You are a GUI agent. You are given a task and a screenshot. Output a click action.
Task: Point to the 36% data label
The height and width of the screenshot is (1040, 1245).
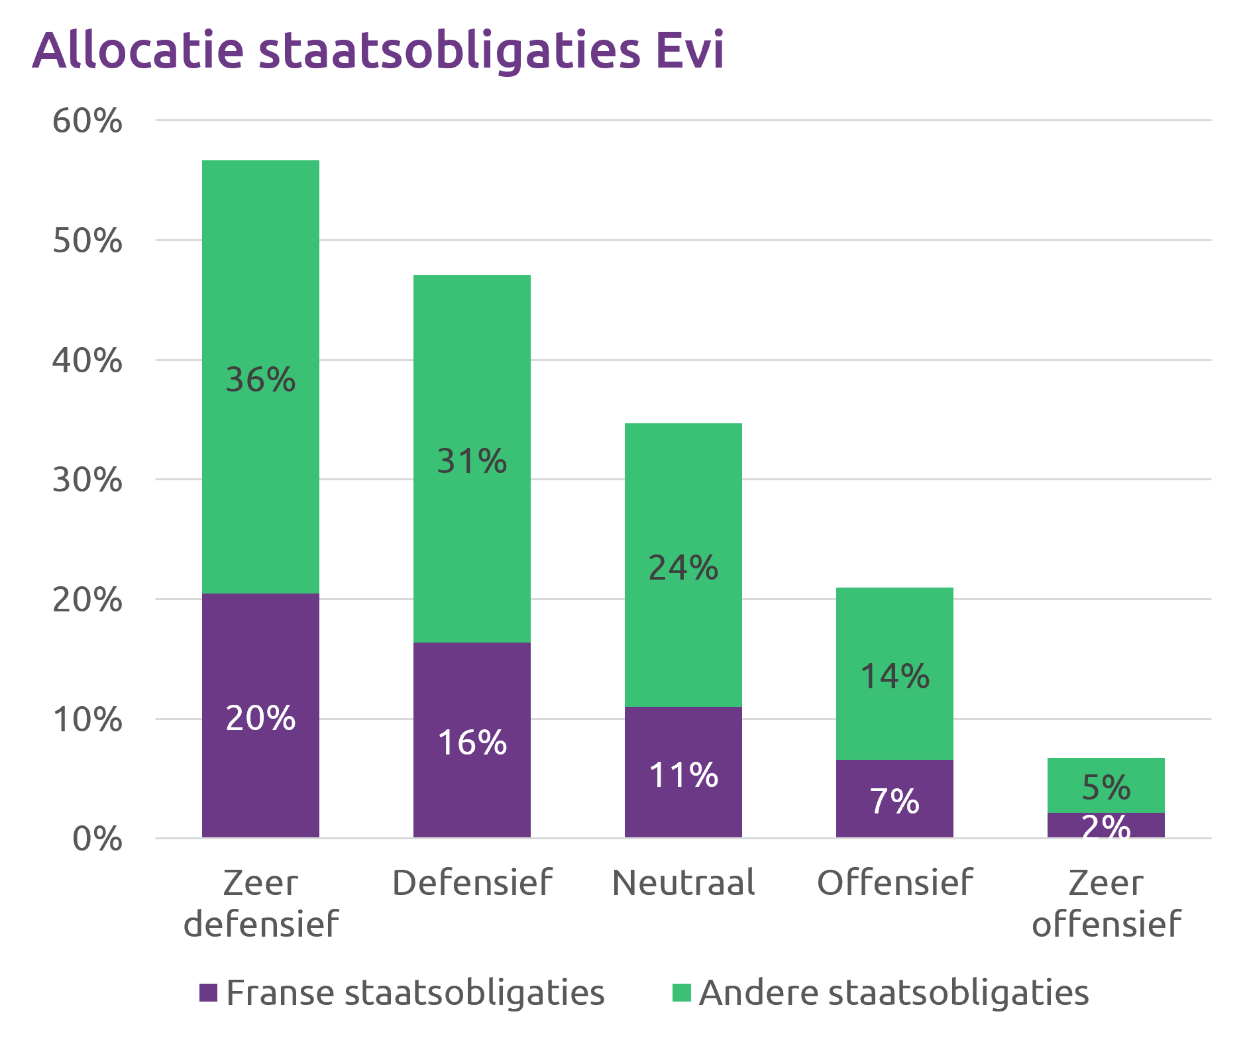tap(260, 380)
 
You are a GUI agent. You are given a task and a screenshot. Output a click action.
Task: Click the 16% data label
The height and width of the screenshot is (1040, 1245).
tap(472, 743)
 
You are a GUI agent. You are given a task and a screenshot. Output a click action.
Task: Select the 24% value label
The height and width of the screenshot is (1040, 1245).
tap(683, 568)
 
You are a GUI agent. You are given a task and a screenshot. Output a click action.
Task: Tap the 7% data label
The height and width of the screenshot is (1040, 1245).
tap(894, 802)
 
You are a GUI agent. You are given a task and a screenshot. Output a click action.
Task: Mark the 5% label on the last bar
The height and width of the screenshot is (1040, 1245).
tap(1106, 787)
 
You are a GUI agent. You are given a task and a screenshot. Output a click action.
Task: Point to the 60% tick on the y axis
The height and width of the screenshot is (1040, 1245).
tap(87, 121)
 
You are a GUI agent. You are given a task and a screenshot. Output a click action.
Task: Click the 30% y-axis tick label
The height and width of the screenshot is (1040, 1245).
tap(87, 480)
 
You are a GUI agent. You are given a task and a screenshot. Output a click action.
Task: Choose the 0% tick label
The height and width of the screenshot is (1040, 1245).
tap(97, 839)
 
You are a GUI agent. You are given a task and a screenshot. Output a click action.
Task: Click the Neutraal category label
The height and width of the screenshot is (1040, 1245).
tap(683, 882)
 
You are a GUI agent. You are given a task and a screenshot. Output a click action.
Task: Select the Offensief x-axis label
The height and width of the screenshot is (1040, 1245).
tap(894, 882)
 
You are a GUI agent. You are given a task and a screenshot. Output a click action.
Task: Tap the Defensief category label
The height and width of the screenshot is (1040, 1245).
tap(472, 882)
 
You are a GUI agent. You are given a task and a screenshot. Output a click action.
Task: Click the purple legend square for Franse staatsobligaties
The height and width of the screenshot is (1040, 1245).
tap(209, 992)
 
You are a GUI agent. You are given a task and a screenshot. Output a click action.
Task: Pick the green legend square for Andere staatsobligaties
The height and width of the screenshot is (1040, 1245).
tap(682, 992)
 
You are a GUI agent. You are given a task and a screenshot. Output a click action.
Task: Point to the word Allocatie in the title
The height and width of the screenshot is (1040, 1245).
tap(138, 50)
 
